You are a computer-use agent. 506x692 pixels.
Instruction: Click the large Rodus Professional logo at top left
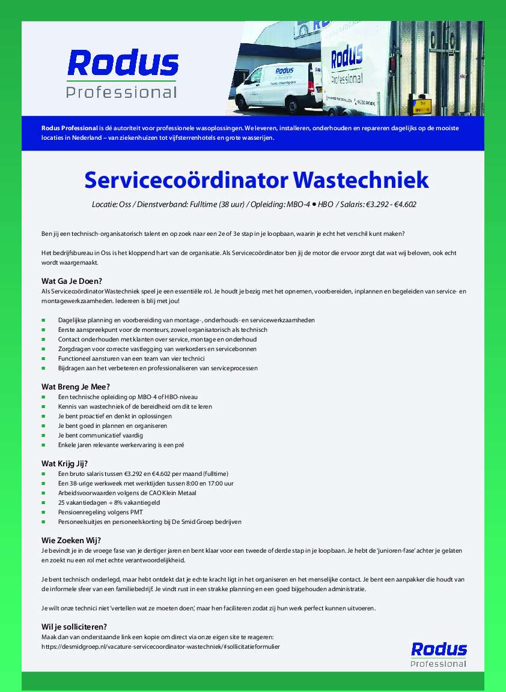123,73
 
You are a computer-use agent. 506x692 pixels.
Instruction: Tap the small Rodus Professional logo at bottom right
439,654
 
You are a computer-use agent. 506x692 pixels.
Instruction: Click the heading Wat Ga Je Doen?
72,281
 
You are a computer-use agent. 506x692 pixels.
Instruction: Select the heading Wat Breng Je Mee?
76,387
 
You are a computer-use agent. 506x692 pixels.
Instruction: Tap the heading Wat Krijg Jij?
65,463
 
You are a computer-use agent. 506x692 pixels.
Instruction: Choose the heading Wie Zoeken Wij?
71,540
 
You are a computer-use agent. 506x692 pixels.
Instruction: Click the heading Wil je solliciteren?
74,627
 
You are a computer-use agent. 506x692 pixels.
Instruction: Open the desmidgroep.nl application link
160,646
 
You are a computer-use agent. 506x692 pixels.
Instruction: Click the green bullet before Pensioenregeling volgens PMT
44,512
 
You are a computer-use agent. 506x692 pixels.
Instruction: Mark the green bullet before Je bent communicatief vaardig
44,435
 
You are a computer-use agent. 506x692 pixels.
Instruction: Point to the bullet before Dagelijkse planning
44,320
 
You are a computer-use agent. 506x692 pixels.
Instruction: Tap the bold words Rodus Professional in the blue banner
69,128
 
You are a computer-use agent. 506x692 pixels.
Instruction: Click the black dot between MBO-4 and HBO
314,204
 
